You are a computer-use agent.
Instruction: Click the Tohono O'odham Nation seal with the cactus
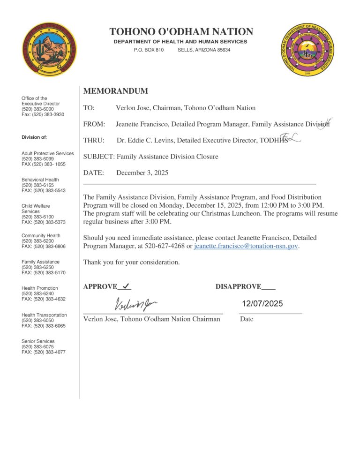pyautogui.click(x=49, y=49)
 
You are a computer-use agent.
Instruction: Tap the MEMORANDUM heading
pyautogui.click(x=115, y=91)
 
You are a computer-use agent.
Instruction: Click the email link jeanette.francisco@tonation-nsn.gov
pyautogui.click(x=246, y=246)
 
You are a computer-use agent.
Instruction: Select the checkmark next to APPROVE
pyautogui.click(x=126, y=286)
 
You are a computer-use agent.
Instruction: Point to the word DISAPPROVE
pyautogui.click(x=238, y=286)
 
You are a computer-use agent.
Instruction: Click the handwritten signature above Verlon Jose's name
pyautogui.click(x=136, y=305)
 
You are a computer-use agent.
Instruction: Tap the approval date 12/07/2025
pyautogui.click(x=262, y=304)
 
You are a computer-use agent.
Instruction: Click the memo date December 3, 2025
pyautogui.click(x=142, y=173)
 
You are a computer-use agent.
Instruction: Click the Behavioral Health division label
pyautogui.click(x=40, y=180)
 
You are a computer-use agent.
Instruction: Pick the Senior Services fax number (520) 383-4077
pyautogui.click(x=44, y=352)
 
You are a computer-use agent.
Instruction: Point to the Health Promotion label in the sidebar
pyautogui.click(x=40, y=288)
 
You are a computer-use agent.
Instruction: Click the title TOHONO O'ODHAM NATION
pyautogui.click(x=181, y=32)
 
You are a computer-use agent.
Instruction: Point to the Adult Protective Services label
pyautogui.click(x=48, y=153)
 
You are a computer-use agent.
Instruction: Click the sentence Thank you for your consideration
pyautogui.click(x=131, y=263)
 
